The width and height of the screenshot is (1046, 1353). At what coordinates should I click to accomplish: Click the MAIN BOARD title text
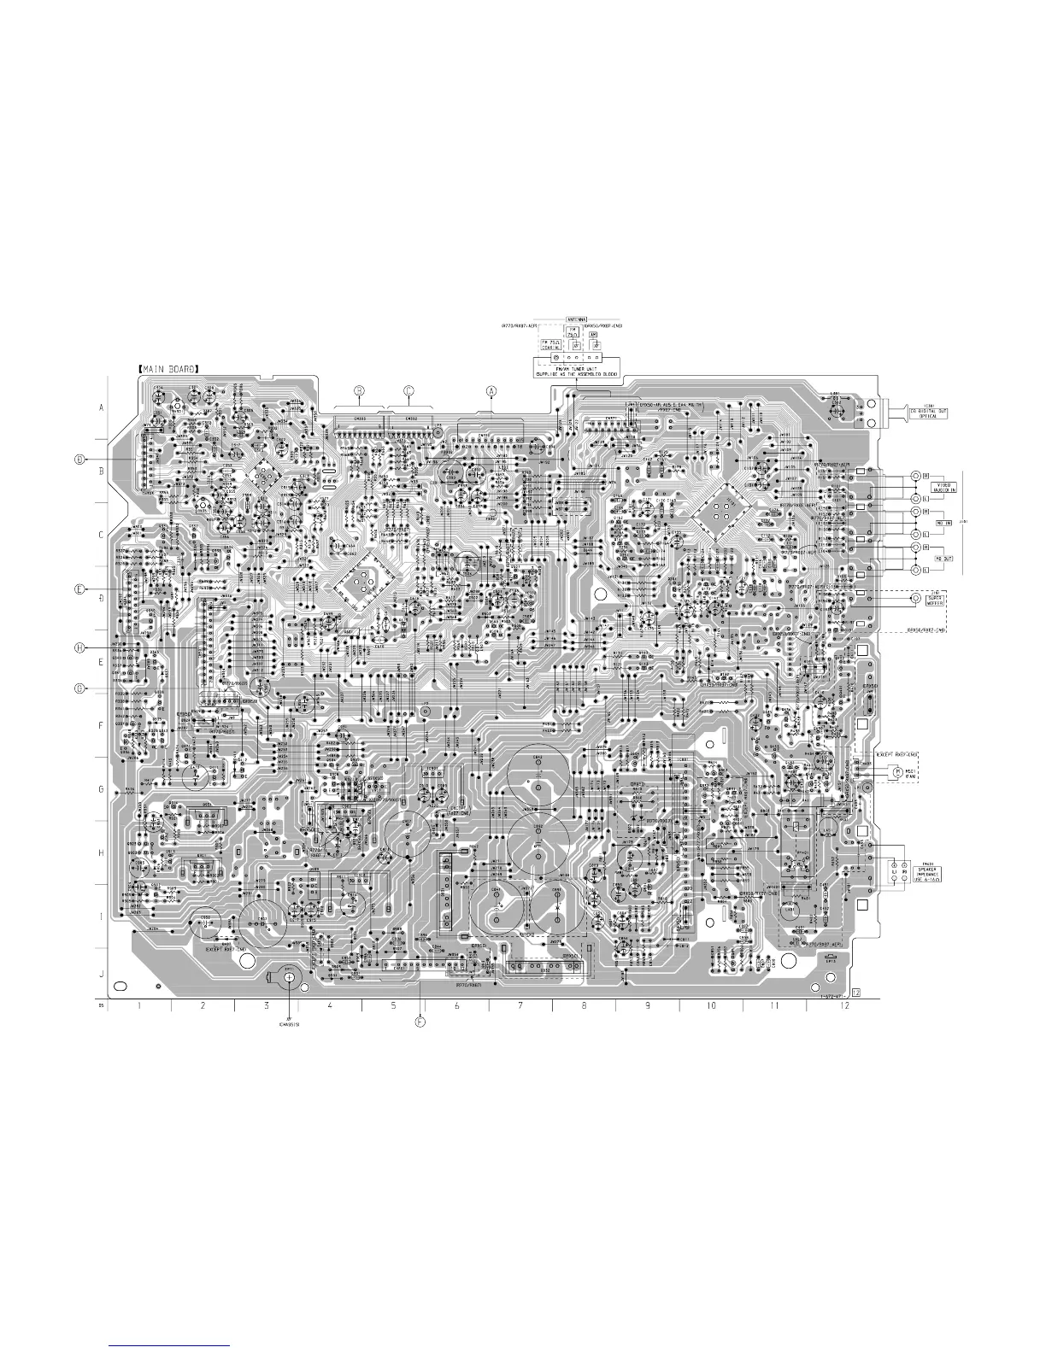click(x=168, y=369)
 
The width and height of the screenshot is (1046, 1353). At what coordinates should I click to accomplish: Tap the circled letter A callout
click(x=491, y=390)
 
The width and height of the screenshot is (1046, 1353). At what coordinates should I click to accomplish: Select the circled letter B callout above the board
click(x=360, y=390)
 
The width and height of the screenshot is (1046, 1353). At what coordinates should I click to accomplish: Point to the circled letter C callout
click(x=408, y=390)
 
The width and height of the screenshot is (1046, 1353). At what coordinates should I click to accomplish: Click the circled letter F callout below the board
click(x=420, y=1021)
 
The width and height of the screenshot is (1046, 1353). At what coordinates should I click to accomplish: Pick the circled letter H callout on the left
click(x=79, y=648)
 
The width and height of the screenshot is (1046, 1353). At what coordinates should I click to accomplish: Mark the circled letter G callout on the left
click(x=79, y=688)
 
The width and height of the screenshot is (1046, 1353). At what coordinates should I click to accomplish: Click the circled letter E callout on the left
click(x=79, y=589)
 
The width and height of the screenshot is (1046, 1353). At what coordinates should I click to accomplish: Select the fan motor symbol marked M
click(x=896, y=772)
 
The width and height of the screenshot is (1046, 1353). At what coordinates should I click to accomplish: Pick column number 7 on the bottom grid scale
click(x=520, y=1005)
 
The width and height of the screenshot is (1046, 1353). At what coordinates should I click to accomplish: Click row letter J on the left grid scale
click(x=101, y=975)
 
